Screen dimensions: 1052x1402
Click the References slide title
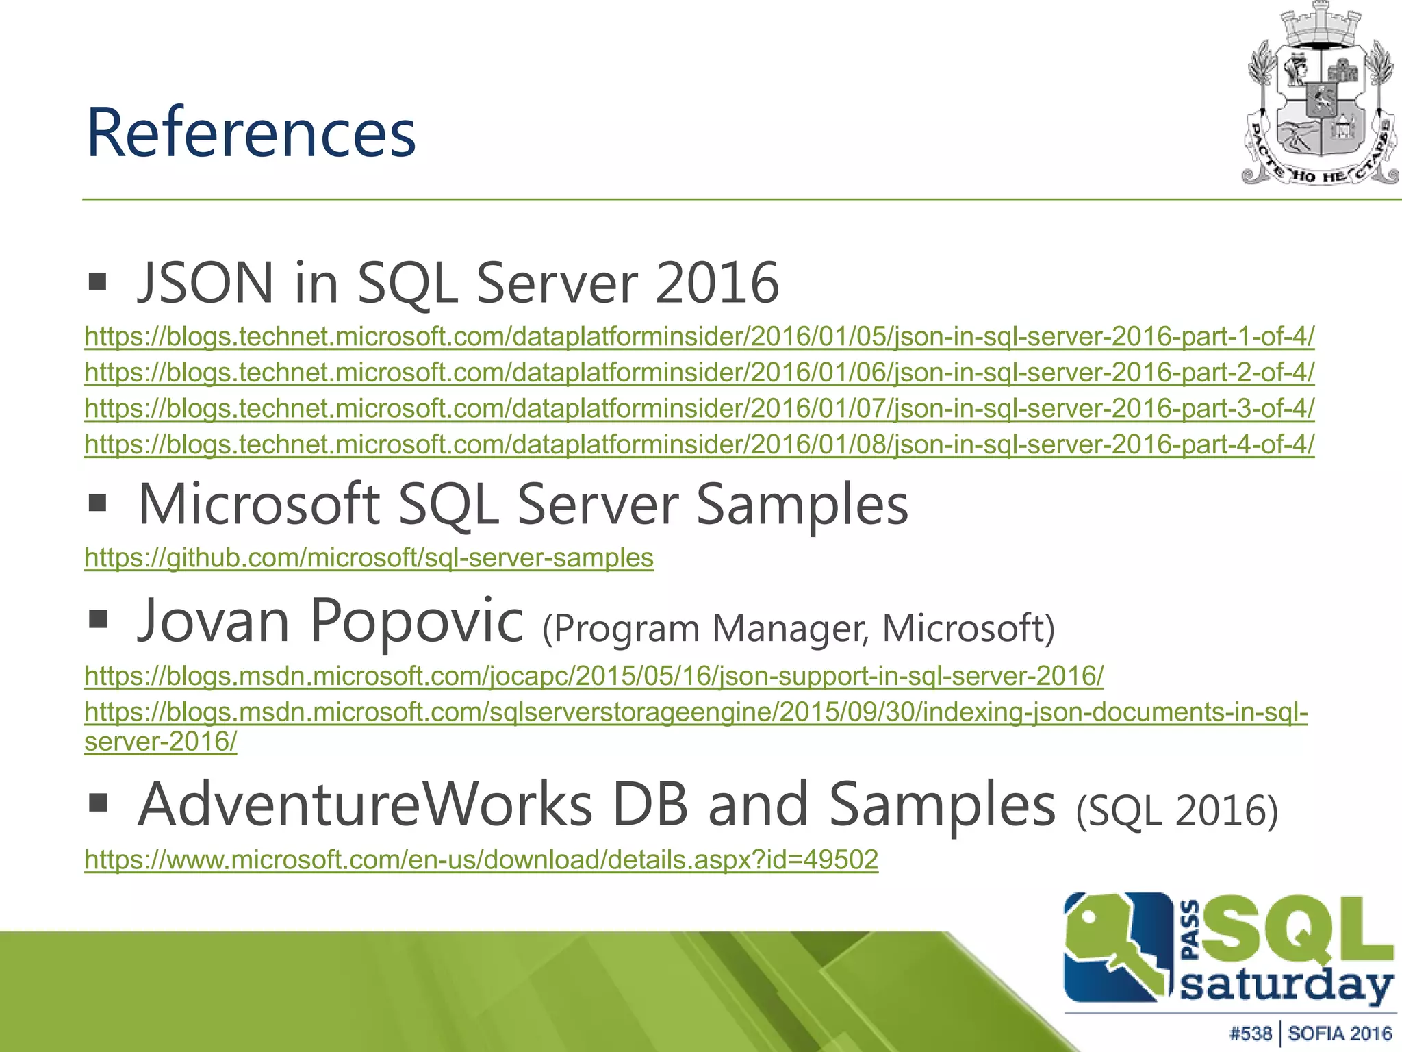pos(251,133)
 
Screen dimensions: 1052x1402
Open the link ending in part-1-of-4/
pos(699,336)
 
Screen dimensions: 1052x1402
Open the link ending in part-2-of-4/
pos(699,373)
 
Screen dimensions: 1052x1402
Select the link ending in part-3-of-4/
pos(699,409)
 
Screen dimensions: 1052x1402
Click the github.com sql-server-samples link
pos(369,558)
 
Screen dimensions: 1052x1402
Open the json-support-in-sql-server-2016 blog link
pos(594,676)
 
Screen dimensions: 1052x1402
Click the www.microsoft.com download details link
pos(481,860)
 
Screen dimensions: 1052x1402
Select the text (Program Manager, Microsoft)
pos(798,628)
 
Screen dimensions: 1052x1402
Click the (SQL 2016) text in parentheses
pos(1177,811)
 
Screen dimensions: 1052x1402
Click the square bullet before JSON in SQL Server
pos(98,281)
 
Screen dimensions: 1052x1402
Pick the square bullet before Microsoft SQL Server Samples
pos(98,503)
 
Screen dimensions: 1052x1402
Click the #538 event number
pos(1250,1034)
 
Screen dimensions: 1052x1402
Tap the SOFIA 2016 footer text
pos(1340,1034)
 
